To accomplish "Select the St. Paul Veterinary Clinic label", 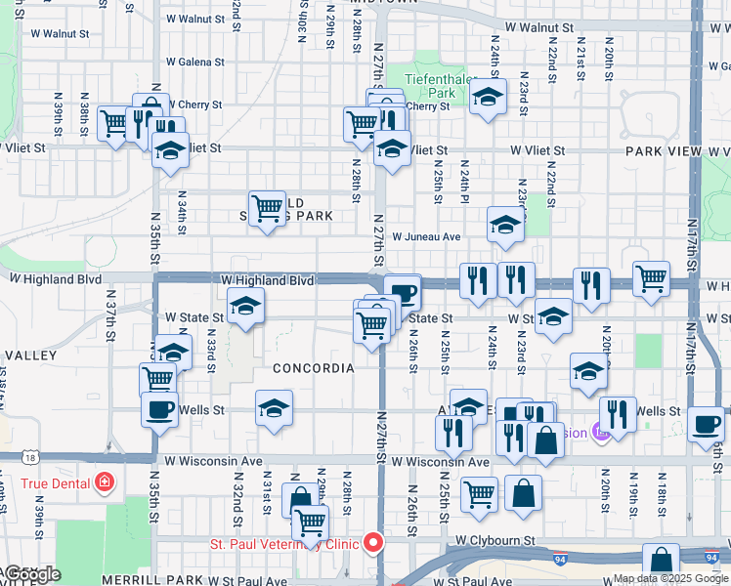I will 283,544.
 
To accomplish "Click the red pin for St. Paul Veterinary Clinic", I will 372,543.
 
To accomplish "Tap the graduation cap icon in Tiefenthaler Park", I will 487,97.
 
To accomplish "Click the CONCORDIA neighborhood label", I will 313,368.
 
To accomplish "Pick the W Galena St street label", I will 195,62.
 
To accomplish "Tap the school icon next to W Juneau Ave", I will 504,226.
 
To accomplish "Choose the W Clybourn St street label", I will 494,540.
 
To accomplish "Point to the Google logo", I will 31,574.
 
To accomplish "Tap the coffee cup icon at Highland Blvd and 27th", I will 402,291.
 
